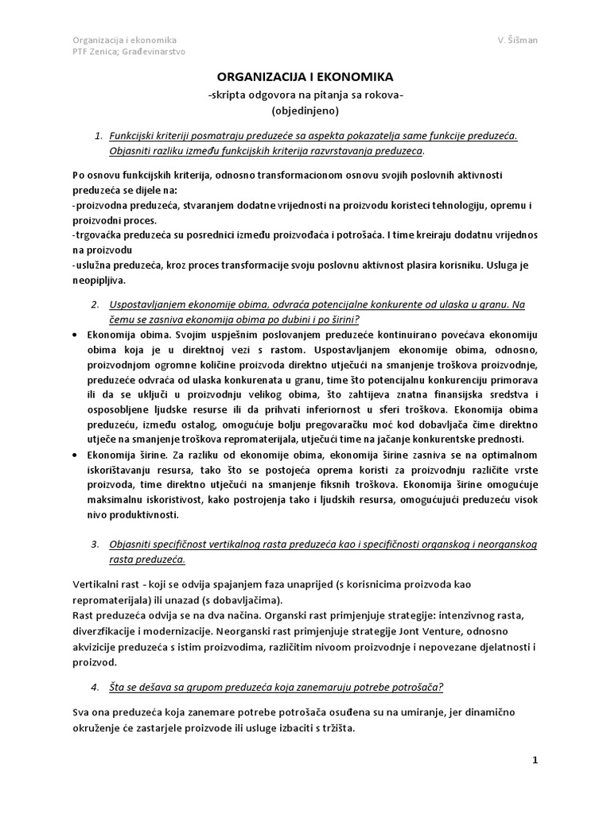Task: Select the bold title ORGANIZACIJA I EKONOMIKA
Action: click(305, 77)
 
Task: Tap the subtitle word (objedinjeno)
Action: click(305, 110)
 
